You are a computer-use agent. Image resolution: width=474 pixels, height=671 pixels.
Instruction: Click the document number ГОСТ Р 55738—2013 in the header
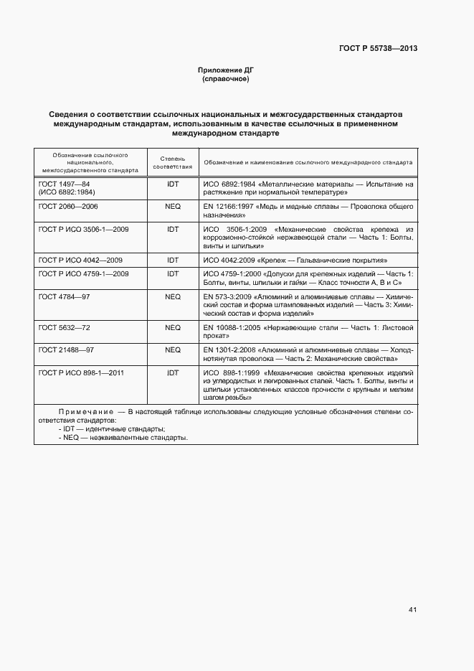click(377, 49)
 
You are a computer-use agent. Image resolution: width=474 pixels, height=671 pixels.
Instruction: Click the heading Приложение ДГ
click(226, 70)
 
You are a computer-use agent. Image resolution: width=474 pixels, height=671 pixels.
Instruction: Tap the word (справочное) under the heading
click(226, 79)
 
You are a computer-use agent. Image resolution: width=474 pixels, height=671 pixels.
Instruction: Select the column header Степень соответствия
click(172, 161)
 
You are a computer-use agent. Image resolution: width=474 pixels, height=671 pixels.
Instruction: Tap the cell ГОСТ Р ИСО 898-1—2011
click(82, 372)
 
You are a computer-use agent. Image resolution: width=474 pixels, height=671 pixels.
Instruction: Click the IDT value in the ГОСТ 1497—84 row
click(172, 184)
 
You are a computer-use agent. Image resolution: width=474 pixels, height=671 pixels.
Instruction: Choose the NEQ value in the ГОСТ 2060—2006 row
click(172, 207)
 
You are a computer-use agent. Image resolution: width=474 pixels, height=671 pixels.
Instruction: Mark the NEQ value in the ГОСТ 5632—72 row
click(172, 327)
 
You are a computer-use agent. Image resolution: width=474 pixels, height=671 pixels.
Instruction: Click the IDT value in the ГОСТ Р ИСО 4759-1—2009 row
click(172, 273)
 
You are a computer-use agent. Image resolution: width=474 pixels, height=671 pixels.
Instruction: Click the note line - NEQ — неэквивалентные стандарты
click(123, 437)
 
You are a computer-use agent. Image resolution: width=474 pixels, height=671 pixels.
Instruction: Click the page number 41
click(412, 609)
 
